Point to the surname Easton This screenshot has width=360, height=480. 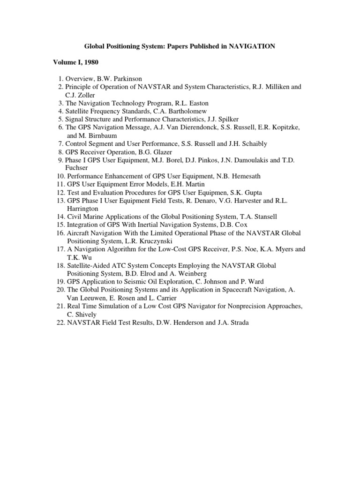click(x=199, y=103)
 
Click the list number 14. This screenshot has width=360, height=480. click(x=60, y=217)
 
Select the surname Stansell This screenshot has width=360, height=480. click(x=265, y=217)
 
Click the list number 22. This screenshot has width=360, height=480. click(x=60, y=322)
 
